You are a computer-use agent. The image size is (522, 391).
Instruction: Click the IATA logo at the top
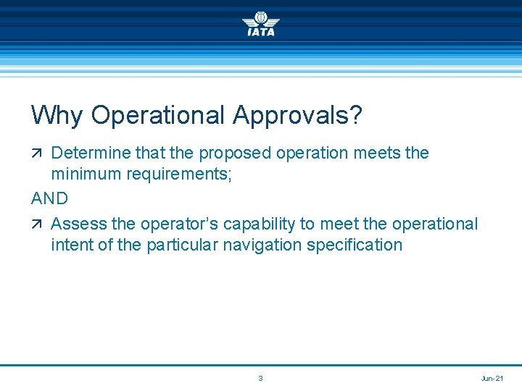click(x=260, y=23)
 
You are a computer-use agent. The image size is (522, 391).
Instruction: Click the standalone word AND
click(x=50, y=198)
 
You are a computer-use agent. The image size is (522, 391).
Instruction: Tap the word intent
click(x=71, y=245)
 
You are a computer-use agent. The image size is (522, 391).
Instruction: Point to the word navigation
click(x=262, y=245)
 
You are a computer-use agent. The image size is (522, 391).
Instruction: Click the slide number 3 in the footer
click(x=261, y=379)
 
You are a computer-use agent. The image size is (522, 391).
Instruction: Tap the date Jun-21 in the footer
click(x=492, y=379)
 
